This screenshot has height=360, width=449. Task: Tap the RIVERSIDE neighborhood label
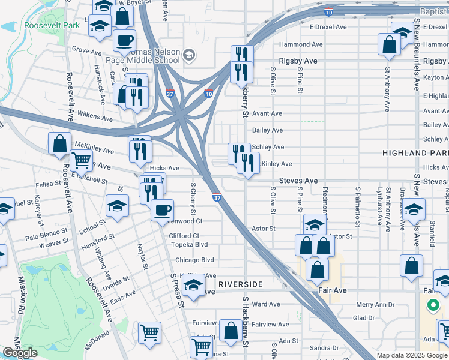pyautogui.click(x=241, y=283)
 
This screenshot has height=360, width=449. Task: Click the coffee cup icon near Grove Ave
pyautogui.click(x=124, y=40)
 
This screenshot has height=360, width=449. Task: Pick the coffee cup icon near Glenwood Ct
pyautogui.click(x=162, y=210)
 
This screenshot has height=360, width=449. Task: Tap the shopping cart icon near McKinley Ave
pyautogui.click(x=81, y=160)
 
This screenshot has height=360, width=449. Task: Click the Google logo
pyautogui.click(x=20, y=353)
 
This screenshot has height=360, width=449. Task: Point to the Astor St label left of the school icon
pyautogui.click(x=263, y=229)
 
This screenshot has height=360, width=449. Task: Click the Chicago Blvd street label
pyautogui.click(x=194, y=260)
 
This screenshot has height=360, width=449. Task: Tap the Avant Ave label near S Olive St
pyautogui.click(x=267, y=113)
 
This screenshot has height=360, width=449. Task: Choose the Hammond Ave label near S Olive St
pyautogui.click(x=301, y=44)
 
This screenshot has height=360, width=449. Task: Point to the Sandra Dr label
pyautogui.click(x=325, y=348)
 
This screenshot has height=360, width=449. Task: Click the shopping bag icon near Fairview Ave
pyautogui.click(x=231, y=330)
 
